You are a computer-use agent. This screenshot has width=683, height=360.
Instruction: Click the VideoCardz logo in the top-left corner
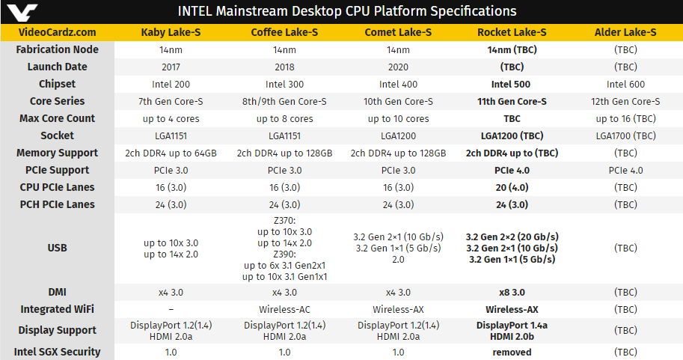[17, 11]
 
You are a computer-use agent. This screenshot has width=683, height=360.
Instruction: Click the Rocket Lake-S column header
[512, 32]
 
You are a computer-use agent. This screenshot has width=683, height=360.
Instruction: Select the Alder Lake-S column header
[625, 32]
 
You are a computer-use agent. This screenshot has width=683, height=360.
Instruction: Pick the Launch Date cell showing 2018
[284, 67]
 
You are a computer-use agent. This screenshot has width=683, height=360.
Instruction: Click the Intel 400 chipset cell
[398, 85]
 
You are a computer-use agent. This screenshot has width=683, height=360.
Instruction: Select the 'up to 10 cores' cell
[398, 119]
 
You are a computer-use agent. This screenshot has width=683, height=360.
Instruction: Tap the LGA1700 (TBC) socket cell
[625, 136]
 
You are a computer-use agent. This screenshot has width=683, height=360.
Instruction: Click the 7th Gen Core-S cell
[171, 102]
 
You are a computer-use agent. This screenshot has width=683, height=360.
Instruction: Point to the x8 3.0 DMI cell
[512, 292]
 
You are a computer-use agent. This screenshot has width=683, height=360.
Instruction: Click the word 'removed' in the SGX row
[512, 352]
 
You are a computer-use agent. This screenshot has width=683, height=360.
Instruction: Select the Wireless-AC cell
[284, 309]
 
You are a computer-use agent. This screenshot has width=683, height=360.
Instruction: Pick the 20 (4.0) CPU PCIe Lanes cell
[512, 187]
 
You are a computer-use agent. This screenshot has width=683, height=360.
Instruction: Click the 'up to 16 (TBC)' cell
[625, 119]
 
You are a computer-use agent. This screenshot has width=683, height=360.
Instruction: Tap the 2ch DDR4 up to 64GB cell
[171, 153]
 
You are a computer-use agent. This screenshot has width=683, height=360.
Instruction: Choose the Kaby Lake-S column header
[171, 32]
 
